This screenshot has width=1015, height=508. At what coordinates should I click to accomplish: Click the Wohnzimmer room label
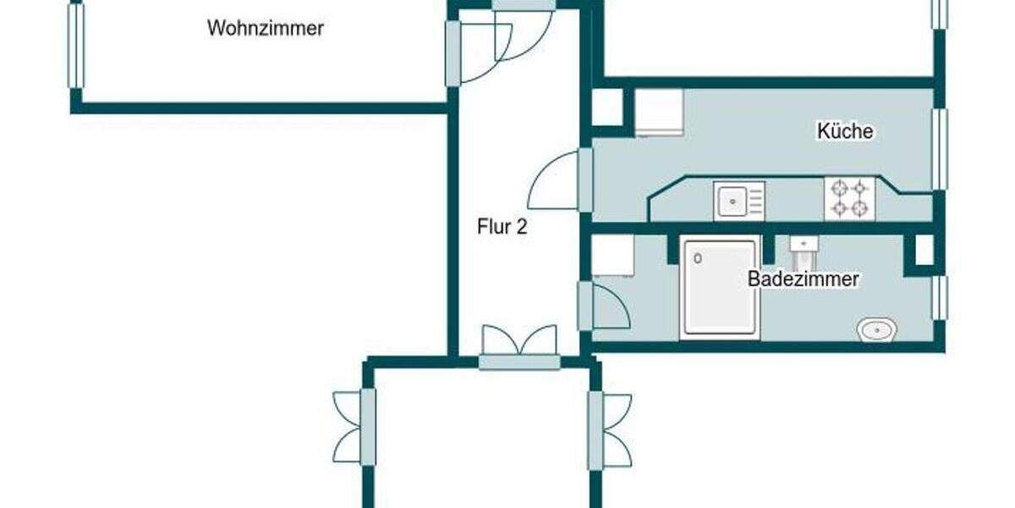pos(265,28)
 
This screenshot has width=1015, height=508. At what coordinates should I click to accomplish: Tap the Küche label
pos(844,131)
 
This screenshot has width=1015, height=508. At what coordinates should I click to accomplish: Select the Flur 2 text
pos(503,227)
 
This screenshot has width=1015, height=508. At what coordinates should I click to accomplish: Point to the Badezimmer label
pos(803,279)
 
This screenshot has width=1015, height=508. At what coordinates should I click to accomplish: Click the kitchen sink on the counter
pos(738,202)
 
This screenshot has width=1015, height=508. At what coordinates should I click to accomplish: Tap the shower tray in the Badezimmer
pos(718,288)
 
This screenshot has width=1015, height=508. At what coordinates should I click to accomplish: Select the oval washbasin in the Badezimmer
pos(878,329)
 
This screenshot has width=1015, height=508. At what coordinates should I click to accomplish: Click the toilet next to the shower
pos(804,248)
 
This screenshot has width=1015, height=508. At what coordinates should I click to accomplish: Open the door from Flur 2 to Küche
pos(558,181)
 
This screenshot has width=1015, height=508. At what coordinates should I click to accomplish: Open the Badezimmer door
pos(604,306)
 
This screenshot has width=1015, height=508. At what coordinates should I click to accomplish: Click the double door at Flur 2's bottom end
pos(519,347)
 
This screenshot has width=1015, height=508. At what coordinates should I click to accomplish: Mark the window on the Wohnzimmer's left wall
pos(76,46)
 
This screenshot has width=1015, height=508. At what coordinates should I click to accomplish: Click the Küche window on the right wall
pos(939,148)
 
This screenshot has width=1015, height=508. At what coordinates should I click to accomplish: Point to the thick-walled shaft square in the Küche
pos(607,108)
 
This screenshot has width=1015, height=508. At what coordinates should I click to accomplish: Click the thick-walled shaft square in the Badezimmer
pos(924,251)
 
